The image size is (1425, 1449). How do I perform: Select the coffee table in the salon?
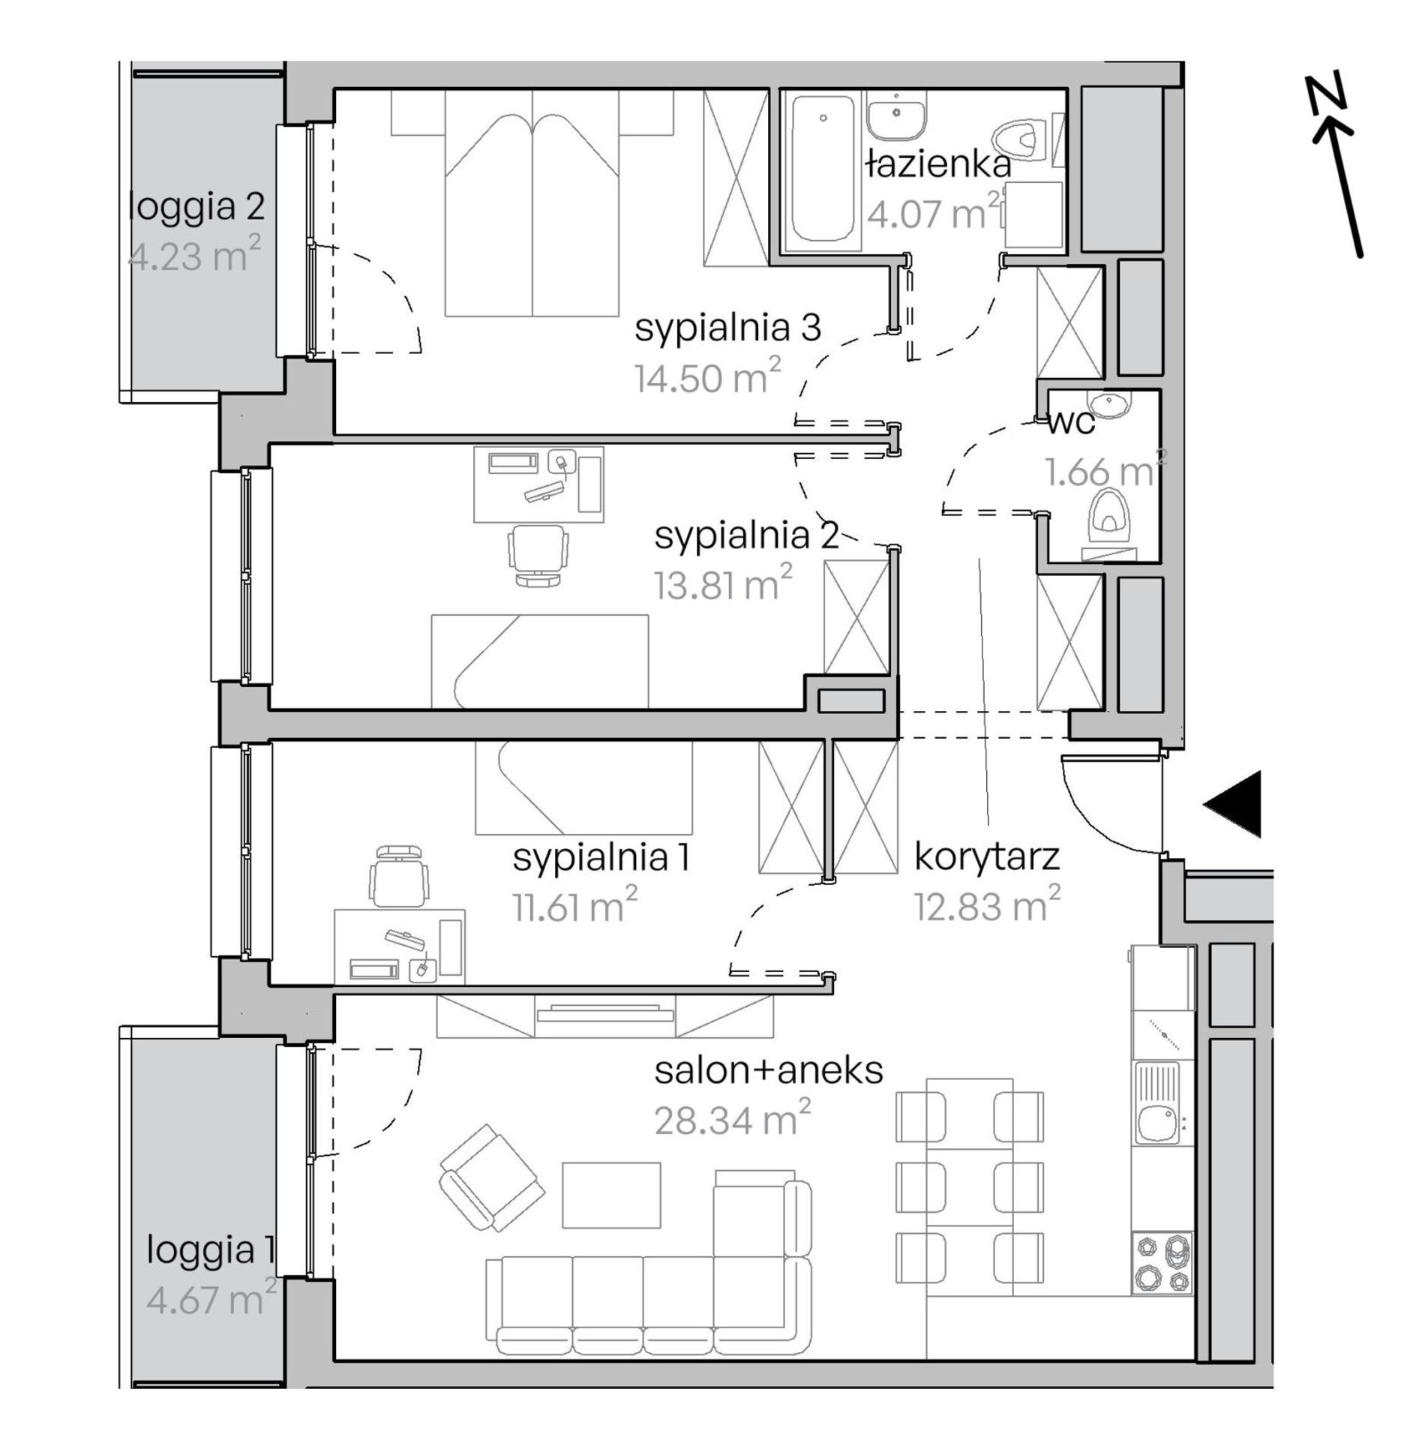point(611,1195)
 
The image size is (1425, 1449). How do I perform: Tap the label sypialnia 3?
point(727,328)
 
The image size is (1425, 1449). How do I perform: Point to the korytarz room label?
point(987,856)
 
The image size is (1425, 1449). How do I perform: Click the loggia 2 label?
point(196,206)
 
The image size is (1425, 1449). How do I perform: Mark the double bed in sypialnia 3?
point(532,202)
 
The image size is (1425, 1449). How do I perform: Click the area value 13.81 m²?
point(723,584)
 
